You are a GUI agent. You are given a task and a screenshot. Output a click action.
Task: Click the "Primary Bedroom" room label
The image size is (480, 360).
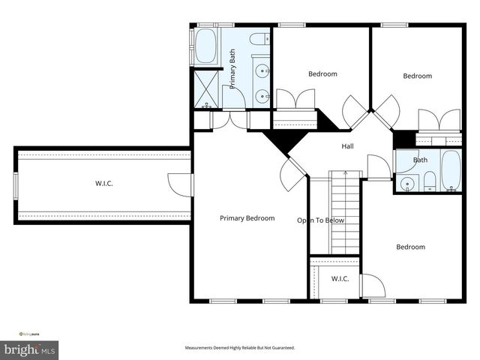[247, 218]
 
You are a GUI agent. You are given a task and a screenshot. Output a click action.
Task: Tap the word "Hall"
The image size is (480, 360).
[347, 146]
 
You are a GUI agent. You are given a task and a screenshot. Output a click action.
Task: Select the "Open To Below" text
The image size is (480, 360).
[320, 220]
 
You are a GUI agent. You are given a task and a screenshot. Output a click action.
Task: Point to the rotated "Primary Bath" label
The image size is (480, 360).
[232, 69]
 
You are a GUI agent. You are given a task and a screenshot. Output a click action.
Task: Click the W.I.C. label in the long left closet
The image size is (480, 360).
[104, 183]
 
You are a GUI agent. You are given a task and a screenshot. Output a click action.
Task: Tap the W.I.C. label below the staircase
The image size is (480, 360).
[340, 279]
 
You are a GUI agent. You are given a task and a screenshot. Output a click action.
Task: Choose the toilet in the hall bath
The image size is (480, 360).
[429, 181]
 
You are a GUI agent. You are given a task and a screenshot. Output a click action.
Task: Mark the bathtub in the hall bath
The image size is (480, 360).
[451, 171]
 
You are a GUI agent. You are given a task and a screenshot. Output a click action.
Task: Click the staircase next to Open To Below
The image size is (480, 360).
[346, 214]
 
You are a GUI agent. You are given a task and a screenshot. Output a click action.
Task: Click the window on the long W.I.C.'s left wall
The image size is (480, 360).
[16, 185]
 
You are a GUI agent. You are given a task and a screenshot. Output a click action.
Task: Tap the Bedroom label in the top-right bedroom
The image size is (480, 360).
[417, 76]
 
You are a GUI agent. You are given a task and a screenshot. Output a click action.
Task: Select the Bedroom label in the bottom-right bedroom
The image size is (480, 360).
[410, 247]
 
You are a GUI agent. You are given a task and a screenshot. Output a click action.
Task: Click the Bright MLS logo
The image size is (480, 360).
[30, 349]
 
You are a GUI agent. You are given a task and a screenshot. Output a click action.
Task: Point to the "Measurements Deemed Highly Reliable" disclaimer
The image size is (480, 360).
[240, 348]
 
